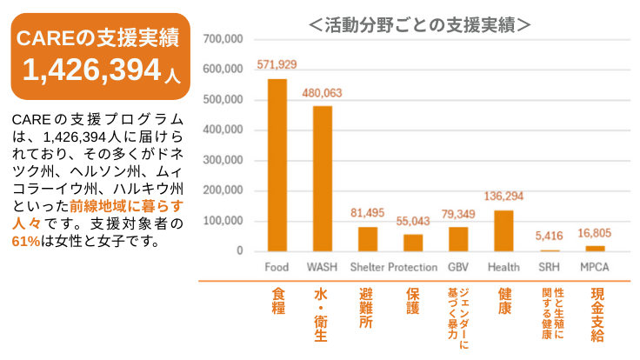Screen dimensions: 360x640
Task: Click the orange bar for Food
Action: [277, 165]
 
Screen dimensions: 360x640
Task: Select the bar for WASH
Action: [322, 178]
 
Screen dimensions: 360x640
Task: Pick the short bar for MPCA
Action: [595, 249]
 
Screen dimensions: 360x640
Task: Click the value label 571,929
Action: [277, 65]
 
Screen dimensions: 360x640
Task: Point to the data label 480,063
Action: [322, 93]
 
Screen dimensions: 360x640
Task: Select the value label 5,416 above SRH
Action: [550, 235]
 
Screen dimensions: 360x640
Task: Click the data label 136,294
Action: [503, 196]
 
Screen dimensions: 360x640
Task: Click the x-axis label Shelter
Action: [367, 266]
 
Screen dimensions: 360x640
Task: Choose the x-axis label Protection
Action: [413, 266]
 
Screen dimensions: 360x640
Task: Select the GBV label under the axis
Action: [458, 266]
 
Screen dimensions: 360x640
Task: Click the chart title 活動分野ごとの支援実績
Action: [420, 23]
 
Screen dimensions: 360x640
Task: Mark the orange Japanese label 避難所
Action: [366, 310]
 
